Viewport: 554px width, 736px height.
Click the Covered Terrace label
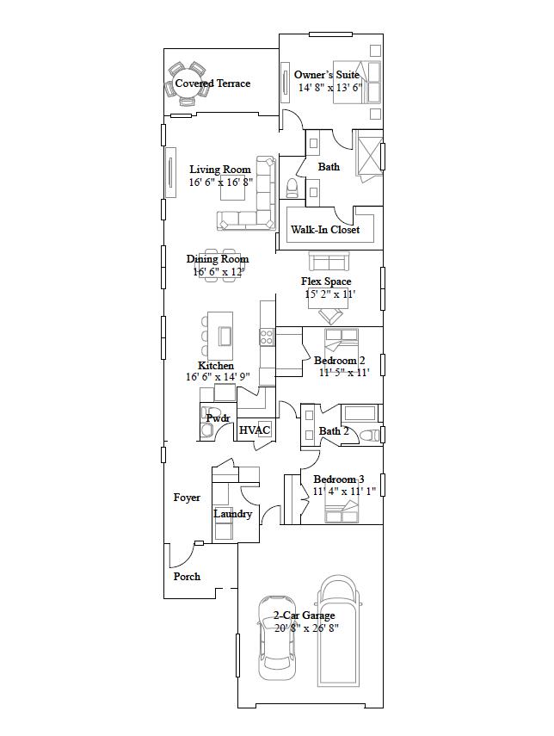click(x=212, y=83)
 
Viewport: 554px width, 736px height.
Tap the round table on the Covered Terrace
click(x=188, y=83)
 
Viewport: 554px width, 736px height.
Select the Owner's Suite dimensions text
click(x=330, y=88)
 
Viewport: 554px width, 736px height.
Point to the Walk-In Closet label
click(x=325, y=230)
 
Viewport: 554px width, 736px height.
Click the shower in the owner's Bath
click(x=368, y=154)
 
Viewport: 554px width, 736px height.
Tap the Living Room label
click(x=220, y=170)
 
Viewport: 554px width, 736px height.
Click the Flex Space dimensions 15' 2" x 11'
click(x=330, y=294)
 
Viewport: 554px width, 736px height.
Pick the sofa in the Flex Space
click(x=328, y=261)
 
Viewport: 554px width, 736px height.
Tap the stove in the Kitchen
click(x=267, y=336)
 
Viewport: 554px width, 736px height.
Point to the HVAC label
click(x=255, y=430)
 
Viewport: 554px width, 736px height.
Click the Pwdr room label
click(x=218, y=418)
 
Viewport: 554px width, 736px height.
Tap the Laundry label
click(x=233, y=514)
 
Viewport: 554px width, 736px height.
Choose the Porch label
click(x=187, y=577)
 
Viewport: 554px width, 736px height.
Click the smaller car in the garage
click(x=275, y=633)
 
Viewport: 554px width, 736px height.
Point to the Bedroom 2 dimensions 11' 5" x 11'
click(x=344, y=373)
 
